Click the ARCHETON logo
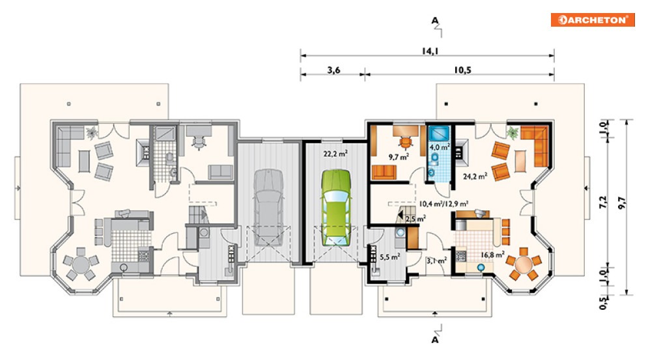pyautogui.click(x=593, y=20)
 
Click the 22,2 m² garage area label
pyautogui.click(x=335, y=154)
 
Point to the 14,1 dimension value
pyautogui.click(x=430, y=51)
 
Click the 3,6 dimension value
pyautogui.click(x=333, y=70)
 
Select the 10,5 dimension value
pyautogui.click(x=462, y=70)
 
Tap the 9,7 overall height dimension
pyautogui.click(x=622, y=202)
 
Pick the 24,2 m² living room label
pyautogui.click(x=475, y=176)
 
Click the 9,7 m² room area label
pyautogui.click(x=399, y=157)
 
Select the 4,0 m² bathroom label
pyautogui.click(x=440, y=146)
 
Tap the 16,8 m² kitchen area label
pyautogui.click(x=492, y=255)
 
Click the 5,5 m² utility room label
pyautogui.click(x=389, y=257)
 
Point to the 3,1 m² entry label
pyautogui.click(x=436, y=261)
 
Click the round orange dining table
pyautogui.click(x=524, y=263)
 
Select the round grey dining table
pyautogui.click(x=81, y=263)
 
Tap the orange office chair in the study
pyautogui.click(x=406, y=142)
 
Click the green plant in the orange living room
pyautogui.click(x=513, y=133)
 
